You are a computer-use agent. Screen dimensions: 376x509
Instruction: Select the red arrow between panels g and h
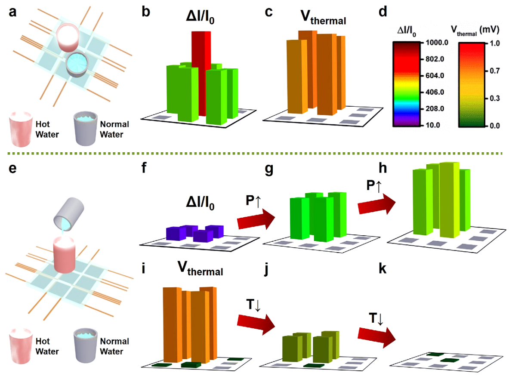coord(377,204)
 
